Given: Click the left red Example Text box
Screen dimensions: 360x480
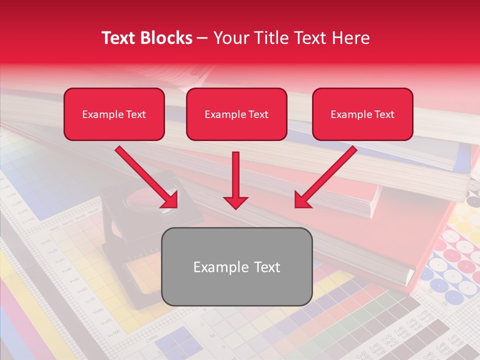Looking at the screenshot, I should [114, 114].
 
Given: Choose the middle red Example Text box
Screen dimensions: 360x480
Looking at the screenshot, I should [236, 114].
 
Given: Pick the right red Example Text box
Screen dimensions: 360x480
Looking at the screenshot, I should [362, 114].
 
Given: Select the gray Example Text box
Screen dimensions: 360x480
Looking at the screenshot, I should [236, 266].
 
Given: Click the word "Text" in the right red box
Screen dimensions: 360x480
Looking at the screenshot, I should [384, 114].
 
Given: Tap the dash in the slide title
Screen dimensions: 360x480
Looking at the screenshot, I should [202, 38].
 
